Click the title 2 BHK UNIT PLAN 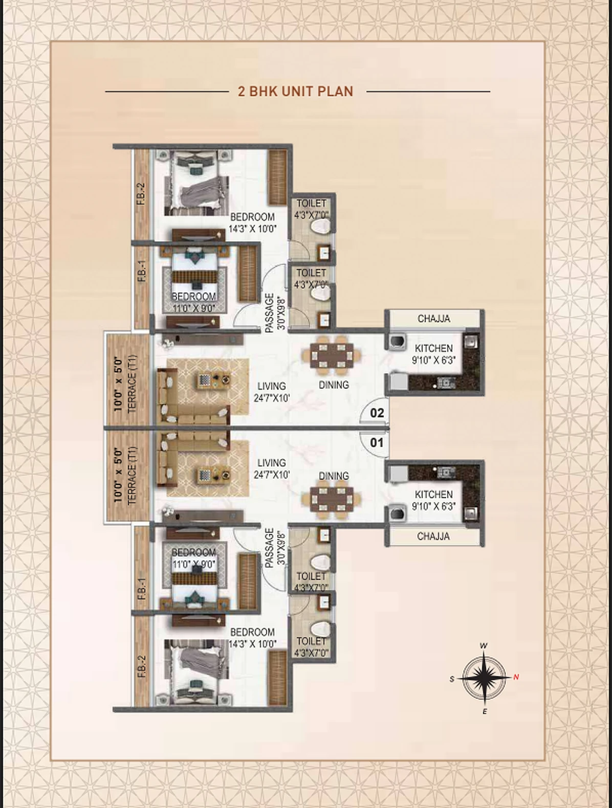point(295,92)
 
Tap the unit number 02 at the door point(377,413)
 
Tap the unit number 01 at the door point(377,442)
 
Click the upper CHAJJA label point(433,319)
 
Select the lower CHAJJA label point(433,536)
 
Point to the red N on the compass point(516,677)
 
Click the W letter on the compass point(484,646)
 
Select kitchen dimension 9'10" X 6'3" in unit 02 point(433,361)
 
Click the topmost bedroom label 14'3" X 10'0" point(252,229)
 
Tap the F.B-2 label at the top point(142,194)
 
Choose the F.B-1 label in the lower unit point(142,589)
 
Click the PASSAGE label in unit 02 point(269,313)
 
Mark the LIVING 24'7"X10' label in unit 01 point(272,468)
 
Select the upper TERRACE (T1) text point(133,383)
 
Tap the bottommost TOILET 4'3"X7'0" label point(311,647)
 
